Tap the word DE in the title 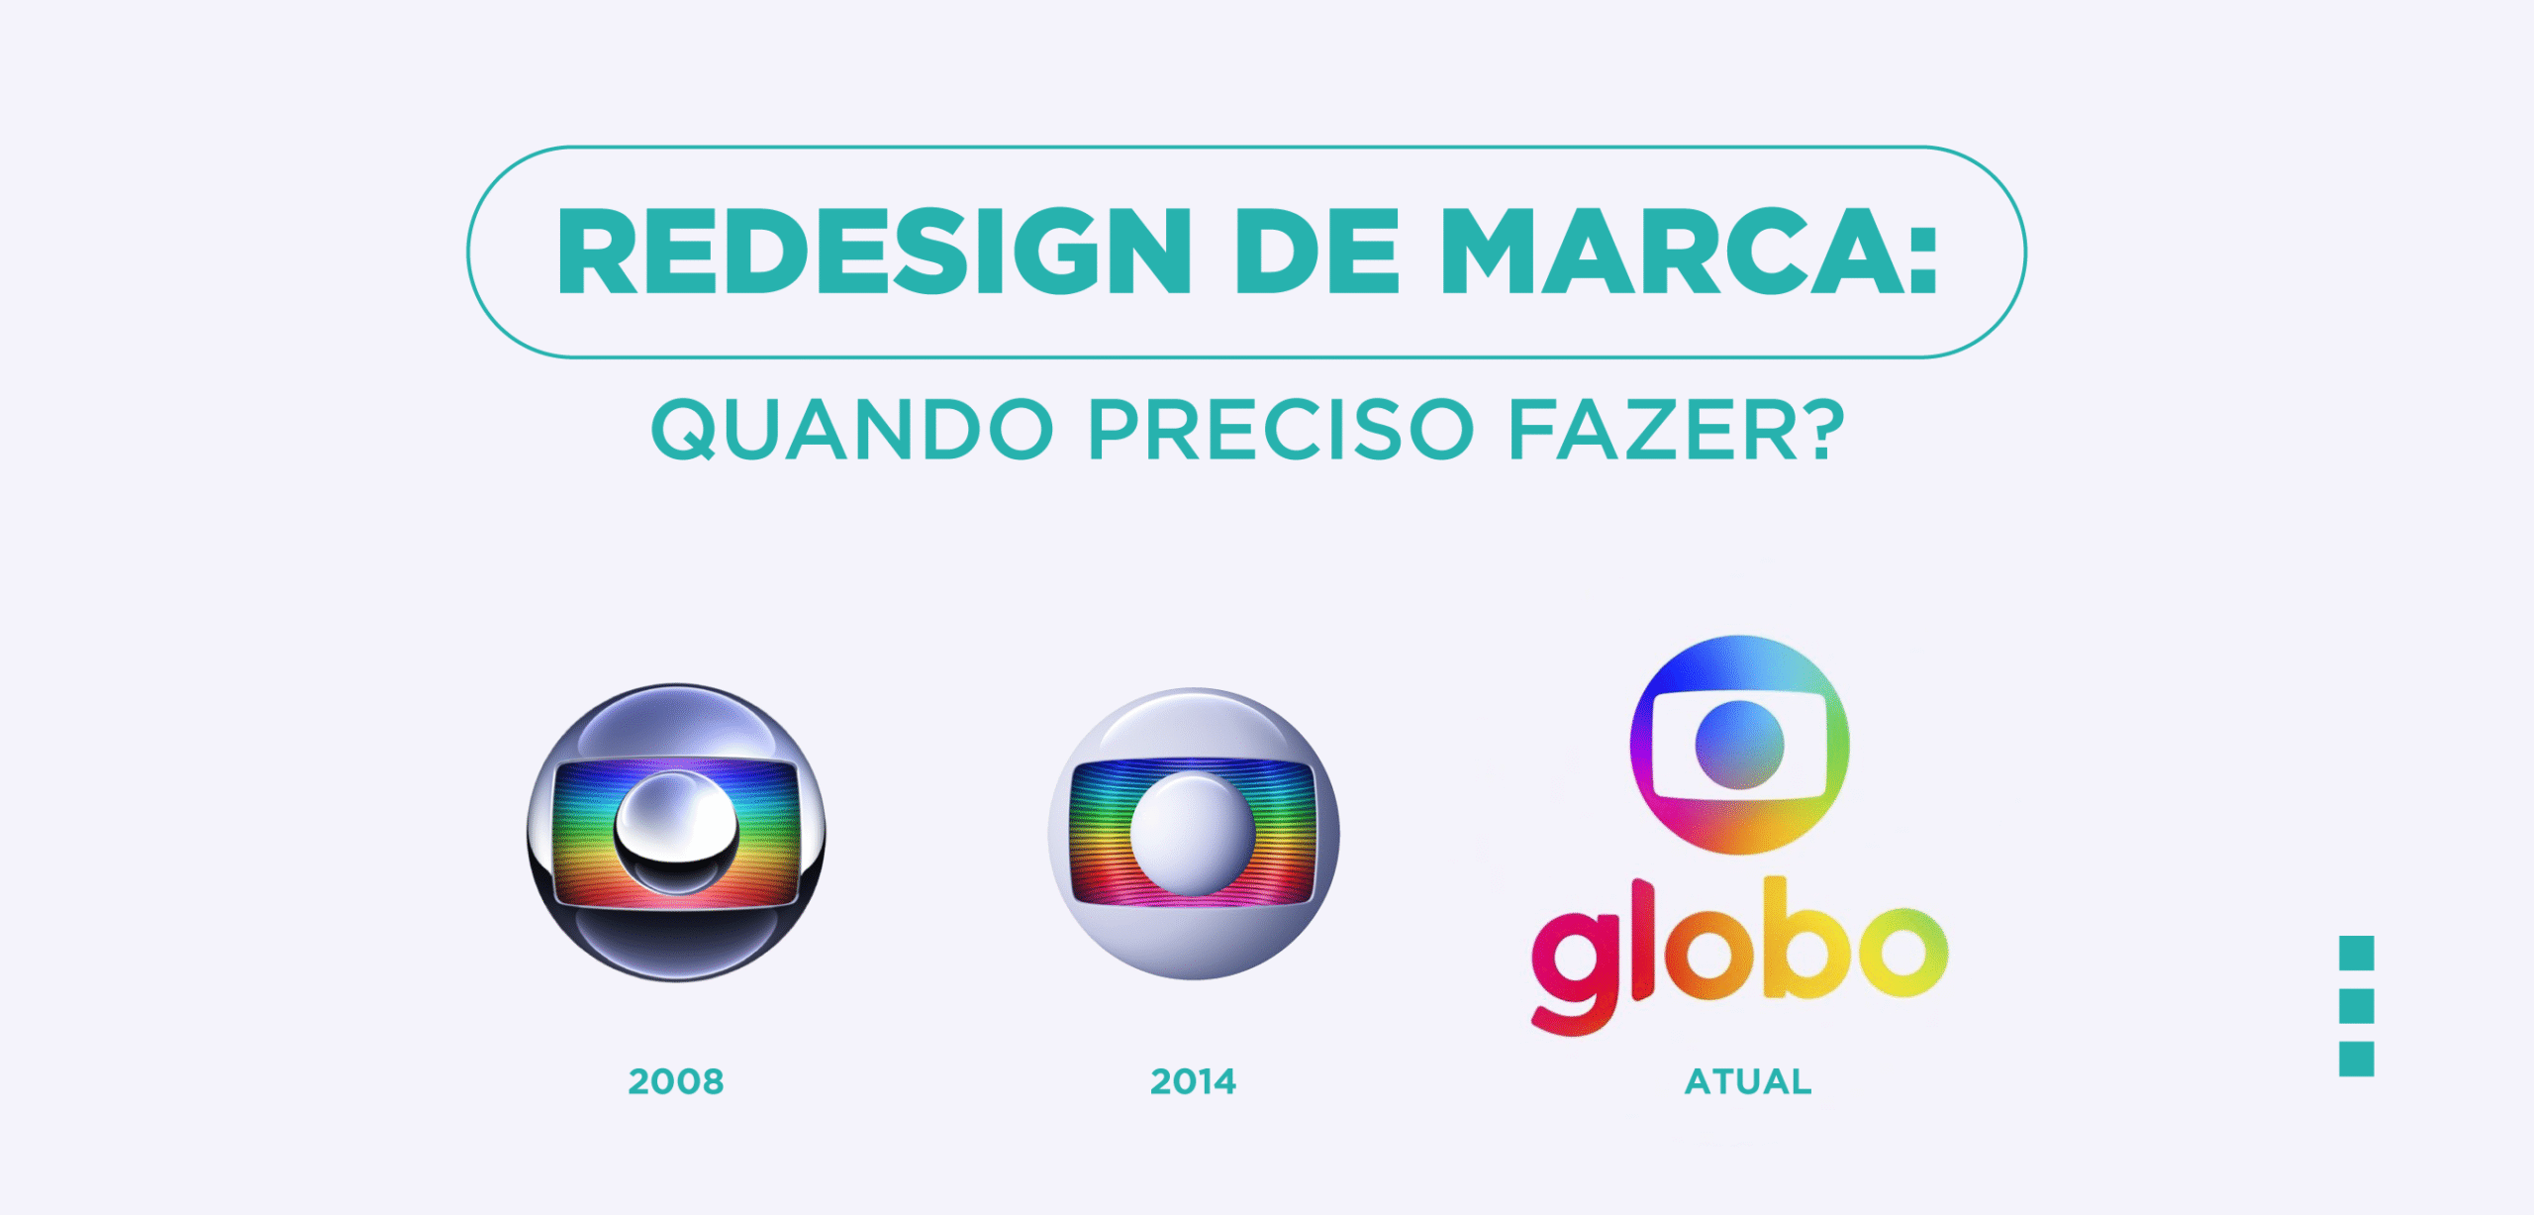point(1316,252)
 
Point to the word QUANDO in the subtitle point(852,430)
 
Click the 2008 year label point(676,1081)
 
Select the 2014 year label point(1193,1081)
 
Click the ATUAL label point(1748,1081)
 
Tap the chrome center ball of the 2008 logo point(676,833)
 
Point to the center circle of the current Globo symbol point(1739,745)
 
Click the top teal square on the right point(2356,953)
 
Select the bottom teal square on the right point(2356,1059)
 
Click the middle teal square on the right point(2356,1006)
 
